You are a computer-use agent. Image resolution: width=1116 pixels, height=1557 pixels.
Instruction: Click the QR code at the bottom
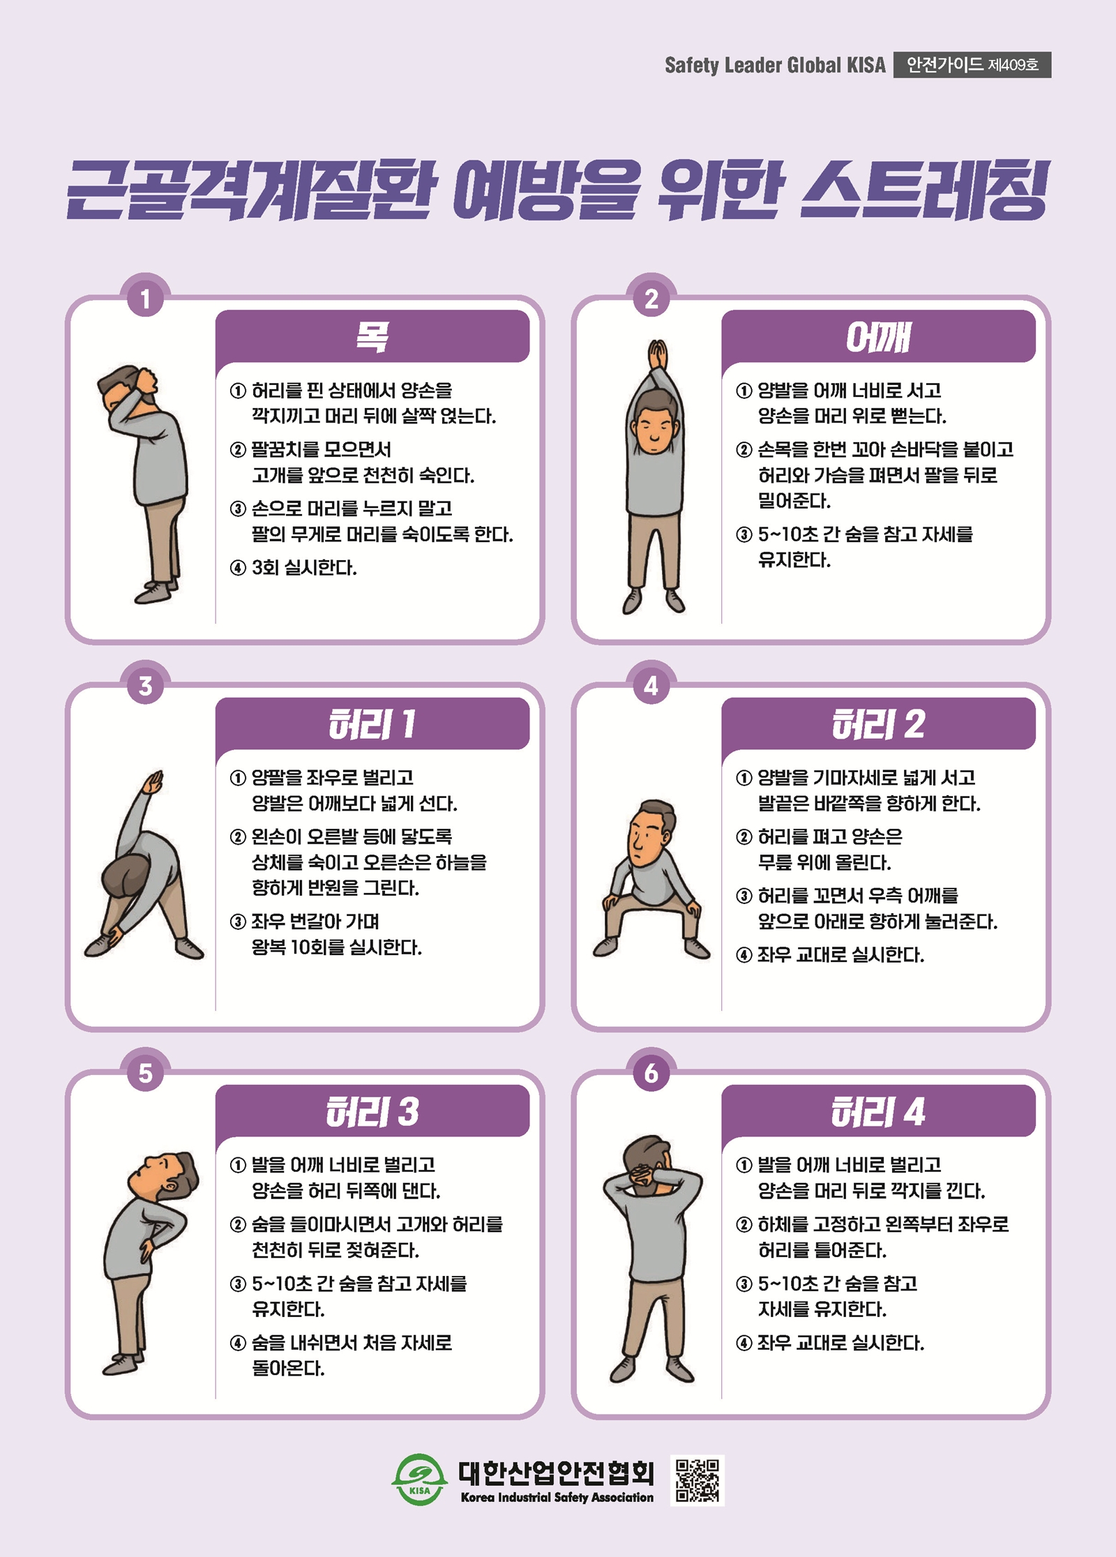tap(697, 1480)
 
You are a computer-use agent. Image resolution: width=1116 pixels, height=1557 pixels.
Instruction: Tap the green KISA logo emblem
tap(419, 1480)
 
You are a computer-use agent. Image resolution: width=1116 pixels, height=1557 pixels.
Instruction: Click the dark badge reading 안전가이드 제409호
tap(972, 65)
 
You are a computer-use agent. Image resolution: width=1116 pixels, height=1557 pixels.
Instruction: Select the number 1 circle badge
tap(145, 299)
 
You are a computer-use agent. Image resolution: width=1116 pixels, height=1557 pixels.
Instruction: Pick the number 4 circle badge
tap(651, 686)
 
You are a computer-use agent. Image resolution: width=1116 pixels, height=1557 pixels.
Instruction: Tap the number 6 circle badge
tap(651, 1073)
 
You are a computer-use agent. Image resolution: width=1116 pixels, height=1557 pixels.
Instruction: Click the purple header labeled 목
tap(372, 336)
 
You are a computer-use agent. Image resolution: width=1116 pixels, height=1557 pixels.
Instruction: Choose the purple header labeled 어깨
tap(878, 336)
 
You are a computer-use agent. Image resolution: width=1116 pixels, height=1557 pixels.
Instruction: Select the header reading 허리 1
tap(372, 723)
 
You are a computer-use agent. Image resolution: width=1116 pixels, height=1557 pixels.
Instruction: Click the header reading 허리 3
tap(372, 1111)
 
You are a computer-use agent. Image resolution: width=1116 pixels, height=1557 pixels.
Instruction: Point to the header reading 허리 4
tap(878, 1111)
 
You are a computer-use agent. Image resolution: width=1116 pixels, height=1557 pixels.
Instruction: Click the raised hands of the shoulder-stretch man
tap(657, 356)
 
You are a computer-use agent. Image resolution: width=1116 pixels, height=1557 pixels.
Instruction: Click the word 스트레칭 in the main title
tap(925, 190)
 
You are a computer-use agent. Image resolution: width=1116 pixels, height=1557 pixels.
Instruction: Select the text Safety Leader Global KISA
tap(775, 65)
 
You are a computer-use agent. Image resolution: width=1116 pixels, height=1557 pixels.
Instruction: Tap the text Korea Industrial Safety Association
tap(557, 1497)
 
